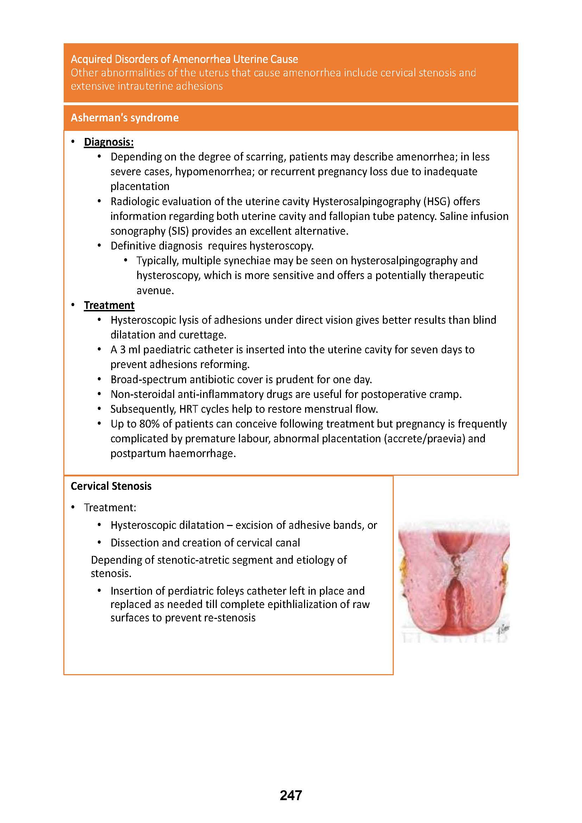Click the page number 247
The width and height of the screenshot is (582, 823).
(x=291, y=796)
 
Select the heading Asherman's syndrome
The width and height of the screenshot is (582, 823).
(x=124, y=118)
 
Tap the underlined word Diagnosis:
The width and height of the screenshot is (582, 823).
(x=109, y=142)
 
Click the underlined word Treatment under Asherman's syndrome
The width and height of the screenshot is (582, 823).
(x=109, y=305)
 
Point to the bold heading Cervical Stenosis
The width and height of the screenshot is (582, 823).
(x=111, y=486)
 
